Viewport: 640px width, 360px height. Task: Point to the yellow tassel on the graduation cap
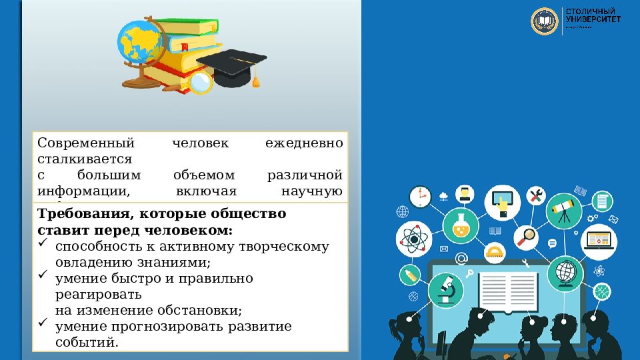[x=255, y=81]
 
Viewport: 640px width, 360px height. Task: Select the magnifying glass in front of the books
[x=200, y=82]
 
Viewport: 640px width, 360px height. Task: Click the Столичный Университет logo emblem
[x=544, y=21]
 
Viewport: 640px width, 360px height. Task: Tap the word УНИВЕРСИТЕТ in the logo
[x=593, y=20]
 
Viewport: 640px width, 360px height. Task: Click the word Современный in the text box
[x=86, y=143]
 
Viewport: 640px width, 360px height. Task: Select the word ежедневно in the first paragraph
[x=304, y=143]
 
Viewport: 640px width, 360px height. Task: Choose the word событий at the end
[x=87, y=343]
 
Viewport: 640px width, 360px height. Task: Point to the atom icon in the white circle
[x=414, y=239]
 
